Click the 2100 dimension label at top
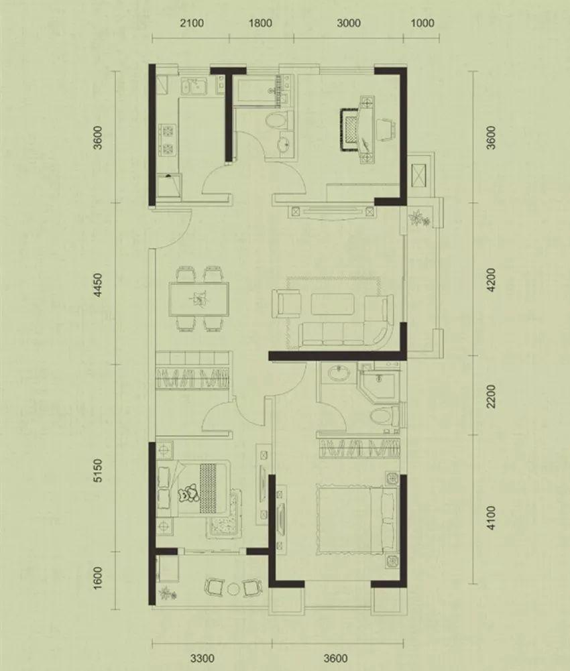pyautogui.click(x=191, y=23)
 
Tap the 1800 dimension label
pyautogui.click(x=260, y=23)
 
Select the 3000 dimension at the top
pyautogui.click(x=349, y=23)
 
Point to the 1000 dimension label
pyautogui.click(x=422, y=23)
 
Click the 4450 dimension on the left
pyautogui.click(x=99, y=286)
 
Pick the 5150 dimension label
pyautogui.click(x=99, y=471)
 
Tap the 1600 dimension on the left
pyautogui.click(x=99, y=578)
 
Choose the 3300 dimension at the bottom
pyautogui.click(x=202, y=658)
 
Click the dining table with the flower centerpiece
pyautogui.click(x=198, y=299)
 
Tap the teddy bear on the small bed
pyautogui.click(x=188, y=493)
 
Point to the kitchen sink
pyautogui.click(x=194, y=86)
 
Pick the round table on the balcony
pyautogui.click(x=234, y=589)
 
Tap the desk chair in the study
pyautogui.click(x=386, y=129)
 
